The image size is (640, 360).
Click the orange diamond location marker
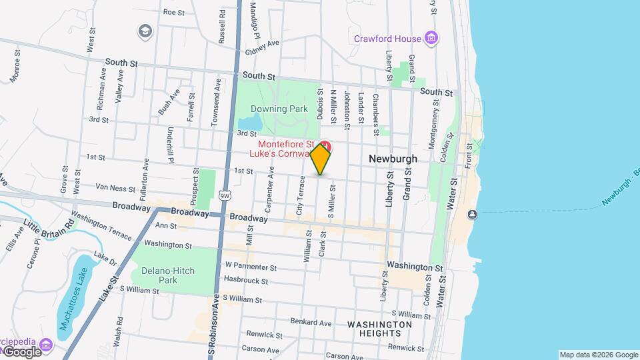321,159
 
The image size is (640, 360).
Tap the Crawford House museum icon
432,38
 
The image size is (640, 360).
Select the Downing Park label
279,109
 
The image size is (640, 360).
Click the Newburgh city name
393,159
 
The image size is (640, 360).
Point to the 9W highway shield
225,195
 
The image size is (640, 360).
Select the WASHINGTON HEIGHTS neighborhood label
379,329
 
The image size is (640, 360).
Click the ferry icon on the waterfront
472,214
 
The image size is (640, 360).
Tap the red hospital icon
325,145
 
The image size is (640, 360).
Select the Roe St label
173,12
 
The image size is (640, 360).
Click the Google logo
21,351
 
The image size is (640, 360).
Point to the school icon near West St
144,31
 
